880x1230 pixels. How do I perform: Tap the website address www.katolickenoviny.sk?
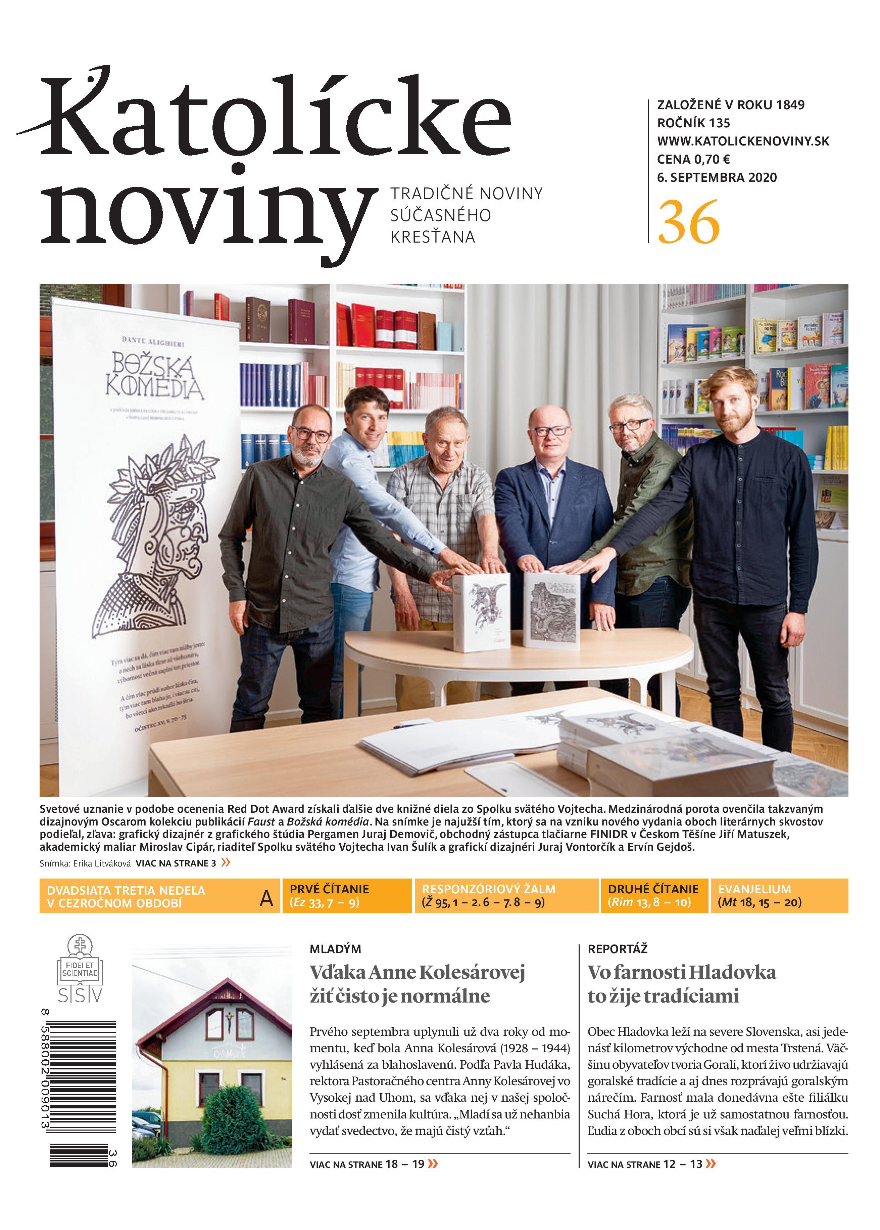(743, 141)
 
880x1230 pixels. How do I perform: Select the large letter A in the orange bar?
(266, 899)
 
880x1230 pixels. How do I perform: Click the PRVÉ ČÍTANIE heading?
(329, 889)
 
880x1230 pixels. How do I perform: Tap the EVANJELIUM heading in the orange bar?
(754, 889)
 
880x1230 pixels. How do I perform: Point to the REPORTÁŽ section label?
(617, 949)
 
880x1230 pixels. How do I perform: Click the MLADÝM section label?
(335, 949)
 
